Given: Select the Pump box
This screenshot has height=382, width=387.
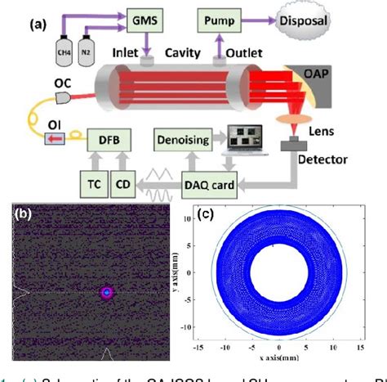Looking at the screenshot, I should (x=222, y=18).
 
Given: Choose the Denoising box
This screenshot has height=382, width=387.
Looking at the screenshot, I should (x=183, y=140).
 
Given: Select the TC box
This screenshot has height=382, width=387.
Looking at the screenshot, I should (x=92, y=185).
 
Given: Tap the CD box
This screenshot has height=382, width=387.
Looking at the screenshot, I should (x=125, y=185).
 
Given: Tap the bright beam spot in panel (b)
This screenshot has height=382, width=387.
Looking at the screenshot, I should (x=105, y=292).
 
